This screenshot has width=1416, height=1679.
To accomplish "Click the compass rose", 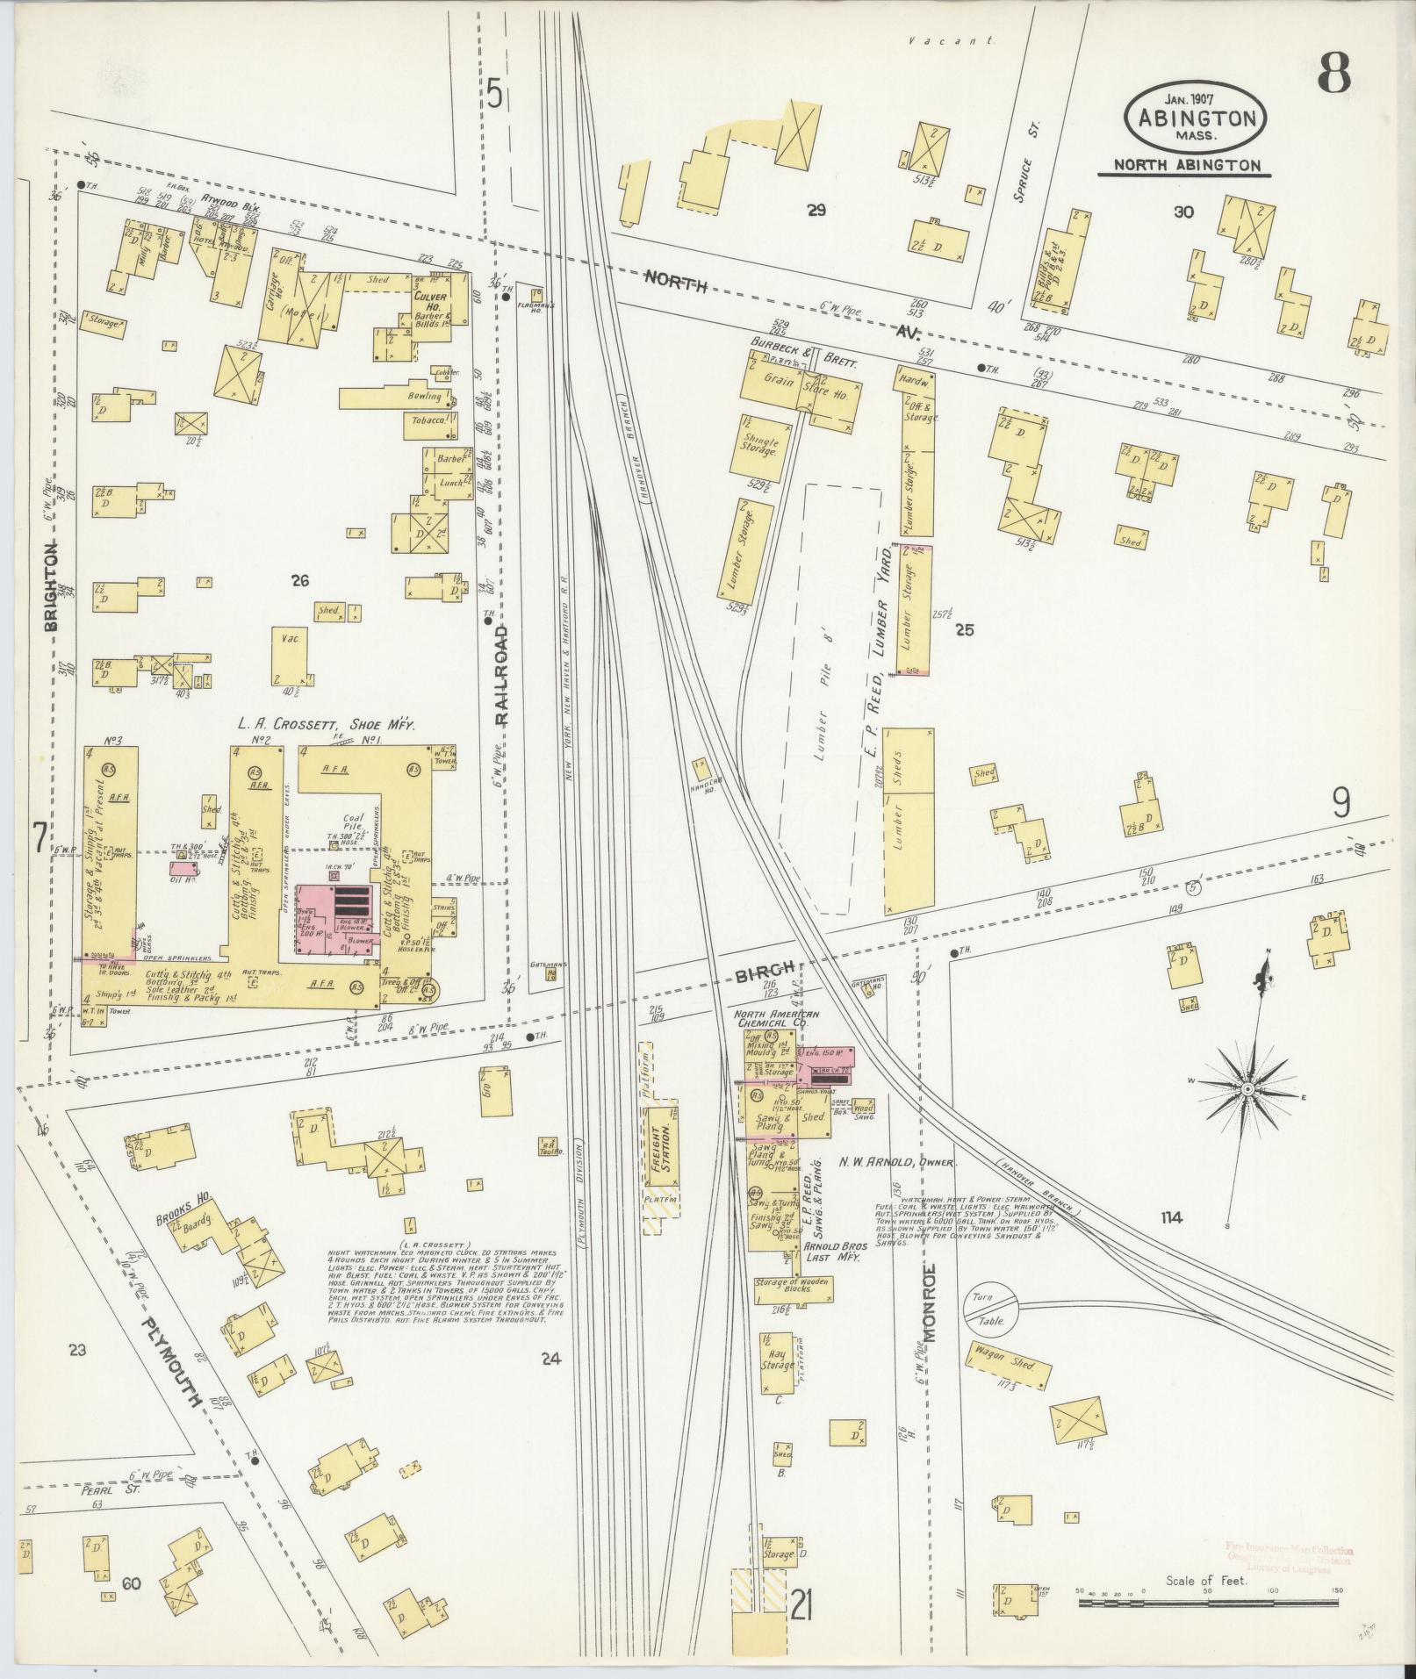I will [1247, 1089].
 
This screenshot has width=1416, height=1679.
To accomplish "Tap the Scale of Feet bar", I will [1208, 1603].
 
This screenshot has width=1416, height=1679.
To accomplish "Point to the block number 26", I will [300, 580].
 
